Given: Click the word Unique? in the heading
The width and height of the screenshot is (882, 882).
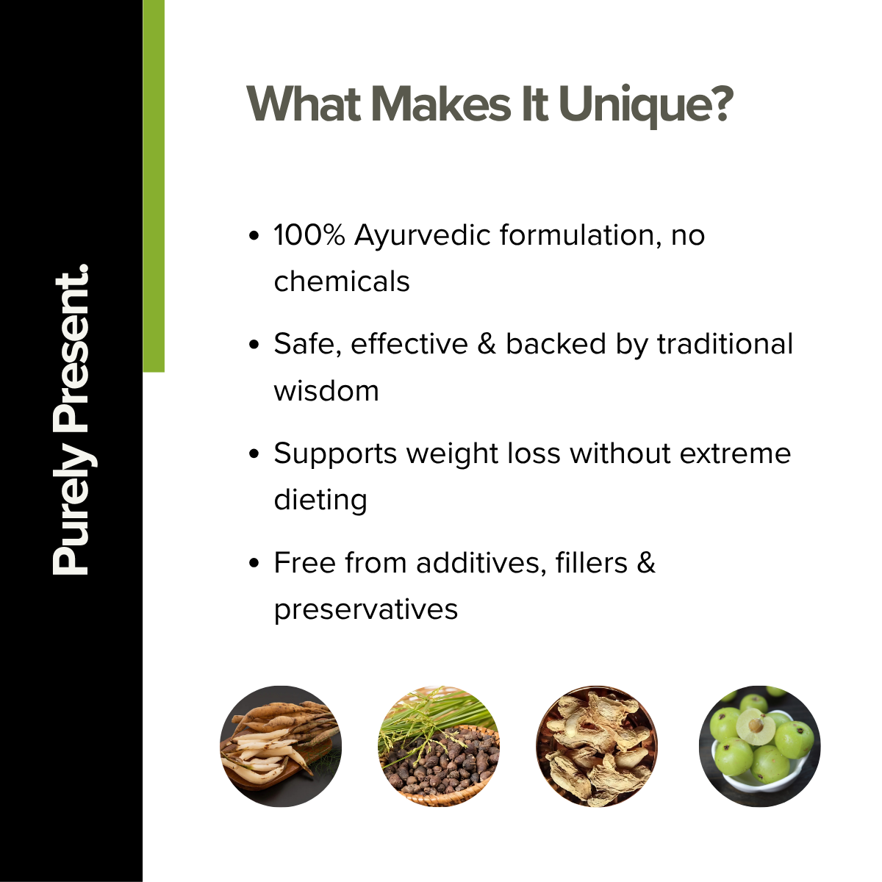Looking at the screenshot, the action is pyautogui.click(x=646, y=105).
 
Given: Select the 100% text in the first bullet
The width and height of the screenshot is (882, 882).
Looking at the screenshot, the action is pyautogui.click(x=309, y=235).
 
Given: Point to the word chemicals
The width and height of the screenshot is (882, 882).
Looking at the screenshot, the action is pyautogui.click(x=342, y=281).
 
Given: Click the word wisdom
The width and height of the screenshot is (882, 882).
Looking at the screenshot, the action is pyautogui.click(x=326, y=390).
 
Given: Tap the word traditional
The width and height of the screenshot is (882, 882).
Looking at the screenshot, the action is pyautogui.click(x=725, y=344).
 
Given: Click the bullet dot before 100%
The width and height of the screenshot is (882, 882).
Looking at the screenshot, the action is pyautogui.click(x=254, y=237).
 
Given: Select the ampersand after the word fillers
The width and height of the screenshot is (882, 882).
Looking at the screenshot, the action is pyautogui.click(x=646, y=563).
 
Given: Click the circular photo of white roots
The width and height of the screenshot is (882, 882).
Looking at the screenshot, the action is pyautogui.click(x=281, y=747).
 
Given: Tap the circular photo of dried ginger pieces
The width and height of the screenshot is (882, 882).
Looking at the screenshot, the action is pyautogui.click(x=597, y=747).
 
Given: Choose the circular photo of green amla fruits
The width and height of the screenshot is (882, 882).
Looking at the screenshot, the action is pyautogui.click(x=760, y=747).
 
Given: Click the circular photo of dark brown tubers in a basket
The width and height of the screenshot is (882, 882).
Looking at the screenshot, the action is pyautogui.click(x=439, y=747).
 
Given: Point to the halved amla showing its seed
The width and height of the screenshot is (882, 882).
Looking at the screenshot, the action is pyautogui.click(x=756, y=726).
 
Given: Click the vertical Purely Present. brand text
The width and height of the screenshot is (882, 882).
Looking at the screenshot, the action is pyautogui.click(x=73, y=419).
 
